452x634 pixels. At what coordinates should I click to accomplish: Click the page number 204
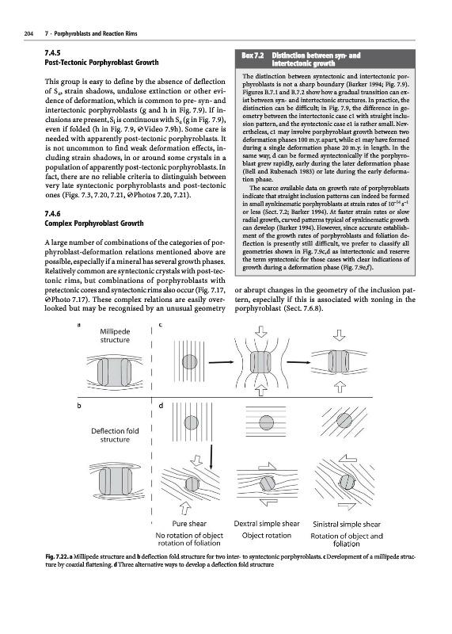coord(28,33)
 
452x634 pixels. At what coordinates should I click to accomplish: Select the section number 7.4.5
coord(52,53)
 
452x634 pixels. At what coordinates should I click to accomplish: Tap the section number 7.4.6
coord(52,214)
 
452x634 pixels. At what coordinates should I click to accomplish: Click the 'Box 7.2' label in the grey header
coord(253,55)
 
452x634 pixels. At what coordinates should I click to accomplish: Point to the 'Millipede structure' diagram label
coord(115,335)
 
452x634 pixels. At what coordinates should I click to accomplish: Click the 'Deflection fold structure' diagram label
coord(115,435)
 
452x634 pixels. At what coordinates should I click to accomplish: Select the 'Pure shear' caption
coord(189,524)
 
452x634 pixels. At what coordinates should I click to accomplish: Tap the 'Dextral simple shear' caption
coord(267,524)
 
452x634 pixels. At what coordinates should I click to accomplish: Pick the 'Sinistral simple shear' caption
coord(347,525)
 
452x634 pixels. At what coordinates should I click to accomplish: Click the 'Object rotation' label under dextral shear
coord(267,536)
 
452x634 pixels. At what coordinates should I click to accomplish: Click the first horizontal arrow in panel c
coord(222,362)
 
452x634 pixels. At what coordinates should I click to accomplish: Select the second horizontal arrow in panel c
coord(299,362)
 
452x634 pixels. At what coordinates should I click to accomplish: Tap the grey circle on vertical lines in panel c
coord(189,361)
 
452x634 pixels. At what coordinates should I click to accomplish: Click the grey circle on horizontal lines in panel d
coord(267,423)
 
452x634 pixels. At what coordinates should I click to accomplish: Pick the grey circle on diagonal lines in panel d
coord(344,421)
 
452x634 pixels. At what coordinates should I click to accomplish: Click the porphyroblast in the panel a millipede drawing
coord(115,372)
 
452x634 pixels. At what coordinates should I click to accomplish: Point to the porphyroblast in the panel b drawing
coord(116,482)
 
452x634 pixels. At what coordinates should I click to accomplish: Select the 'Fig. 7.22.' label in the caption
coord(56,557)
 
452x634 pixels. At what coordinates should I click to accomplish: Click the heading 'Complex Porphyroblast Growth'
coord(94,223)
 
